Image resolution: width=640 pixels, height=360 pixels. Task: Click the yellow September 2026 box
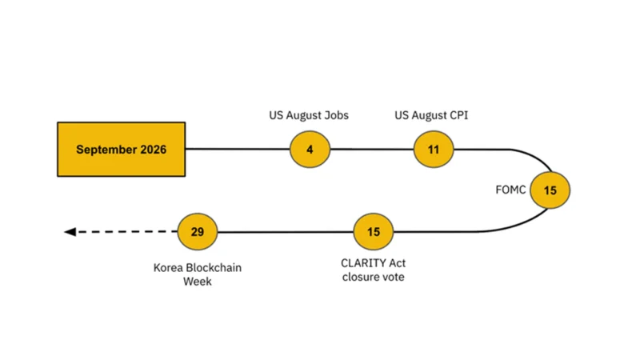pyautogui.click(x=122, y=150)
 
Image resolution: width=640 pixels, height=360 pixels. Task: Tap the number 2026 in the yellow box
pyautogui.click(x=153, y=150)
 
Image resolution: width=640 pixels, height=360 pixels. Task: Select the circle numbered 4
pyautogui.click(x=310, y=150)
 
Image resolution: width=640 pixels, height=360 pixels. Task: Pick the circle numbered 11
pyautogui.click(x=434, y=150)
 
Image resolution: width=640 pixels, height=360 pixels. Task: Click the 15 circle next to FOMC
pyautogui.click(x=550, y=190)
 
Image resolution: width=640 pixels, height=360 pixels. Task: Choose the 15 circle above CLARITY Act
pyautogui.click(x=373, y=232)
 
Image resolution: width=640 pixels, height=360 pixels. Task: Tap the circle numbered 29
pyautogui.click(x=198, y=232)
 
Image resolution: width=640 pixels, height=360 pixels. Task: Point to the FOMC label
pyautogui.click(x=510, y=190)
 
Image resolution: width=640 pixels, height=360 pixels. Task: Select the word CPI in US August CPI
pyautogui.click(x=458, y=115)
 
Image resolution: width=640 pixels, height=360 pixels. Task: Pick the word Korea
pyautogui.click(x=168, y=268)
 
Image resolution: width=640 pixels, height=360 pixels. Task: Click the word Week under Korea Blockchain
pyautogui.click(x=198, y=282)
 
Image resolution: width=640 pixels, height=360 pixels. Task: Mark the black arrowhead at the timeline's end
pyautogui.click(x=70, y=232)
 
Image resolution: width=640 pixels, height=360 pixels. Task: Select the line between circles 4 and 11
pyautogui.click(x=372, y=150)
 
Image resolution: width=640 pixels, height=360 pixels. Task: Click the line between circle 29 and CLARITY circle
pyautogui.click(x=286, y=232)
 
